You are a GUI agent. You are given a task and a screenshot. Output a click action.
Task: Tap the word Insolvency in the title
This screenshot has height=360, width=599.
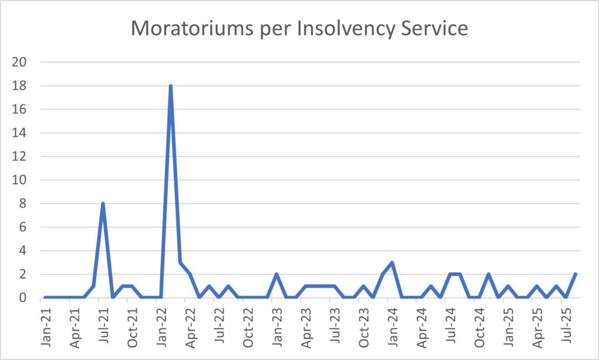coord(335,28)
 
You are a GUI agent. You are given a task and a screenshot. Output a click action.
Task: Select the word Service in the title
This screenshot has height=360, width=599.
coord(432,28)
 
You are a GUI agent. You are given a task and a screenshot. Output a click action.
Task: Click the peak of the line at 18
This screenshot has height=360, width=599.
coord(170,86)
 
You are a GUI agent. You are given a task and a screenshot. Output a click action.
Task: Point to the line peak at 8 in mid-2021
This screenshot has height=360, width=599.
coord(103,204)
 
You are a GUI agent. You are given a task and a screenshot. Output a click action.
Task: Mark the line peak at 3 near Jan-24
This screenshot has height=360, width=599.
coord(392,262)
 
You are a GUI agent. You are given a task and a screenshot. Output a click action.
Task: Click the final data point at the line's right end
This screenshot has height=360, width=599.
coord(575,274)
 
